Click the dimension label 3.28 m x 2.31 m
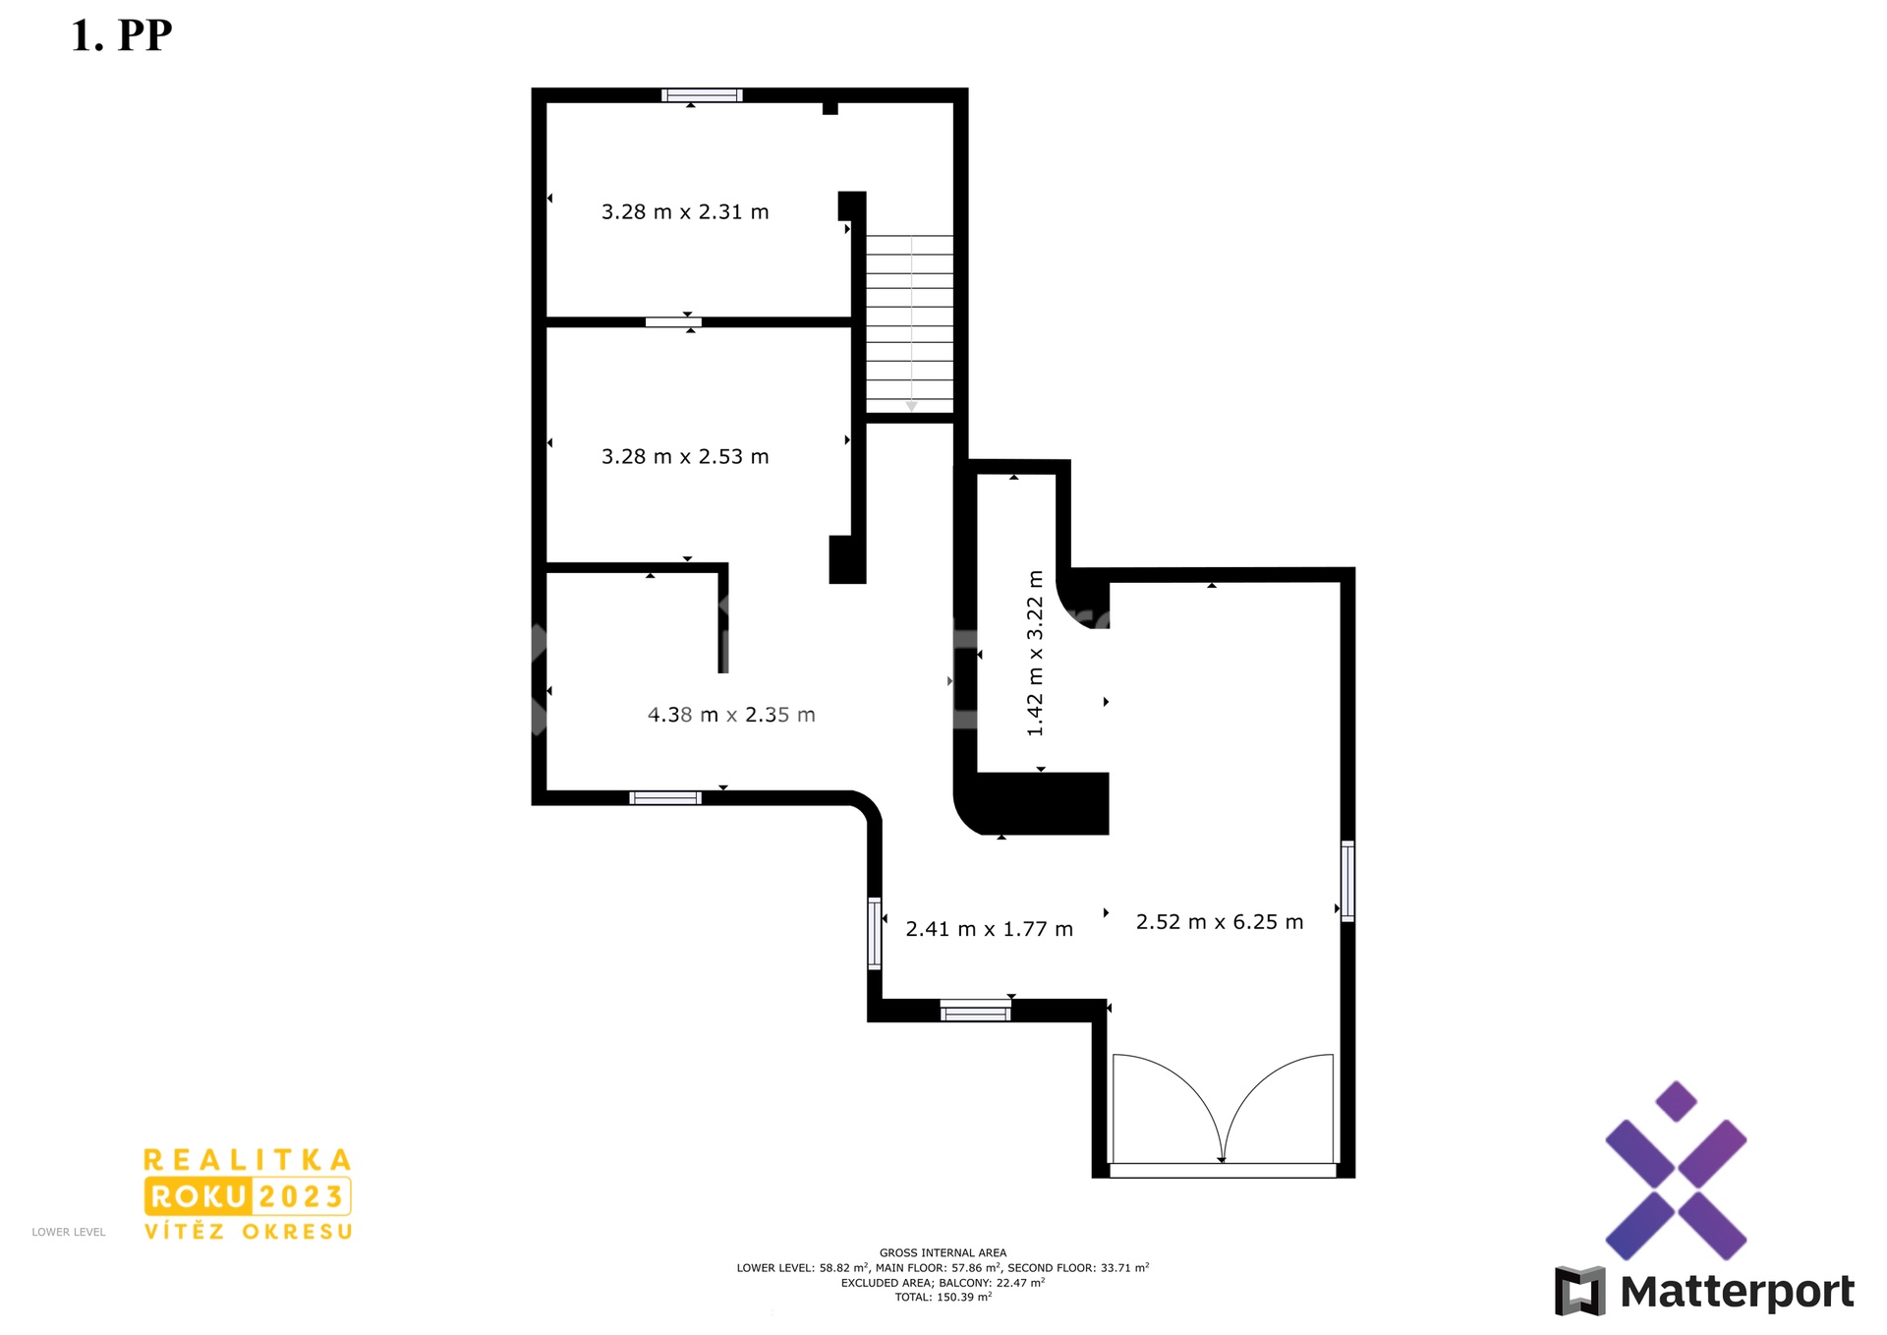pos(685,212)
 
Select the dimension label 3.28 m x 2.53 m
pos(685,457)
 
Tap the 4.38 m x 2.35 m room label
pos(731,716)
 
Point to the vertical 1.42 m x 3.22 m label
pos(1035,653)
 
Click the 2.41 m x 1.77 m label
pos(989,930)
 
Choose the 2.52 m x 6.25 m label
pos(1220,922)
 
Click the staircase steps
pos(909,324)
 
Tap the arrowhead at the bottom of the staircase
pos(911,406)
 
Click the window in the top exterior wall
pos(702,95)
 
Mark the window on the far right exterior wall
pos(1347,881)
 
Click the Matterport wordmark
pos(1737,1292)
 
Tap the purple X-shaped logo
pos(1676,1171)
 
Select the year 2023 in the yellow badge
pos(301,1196)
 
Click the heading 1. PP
pos(122,35)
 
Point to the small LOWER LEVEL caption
pos(69,1232)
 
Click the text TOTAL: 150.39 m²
pos(943,1298)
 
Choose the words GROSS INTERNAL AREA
pos(943,1253)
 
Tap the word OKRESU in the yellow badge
pos(298,1232)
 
